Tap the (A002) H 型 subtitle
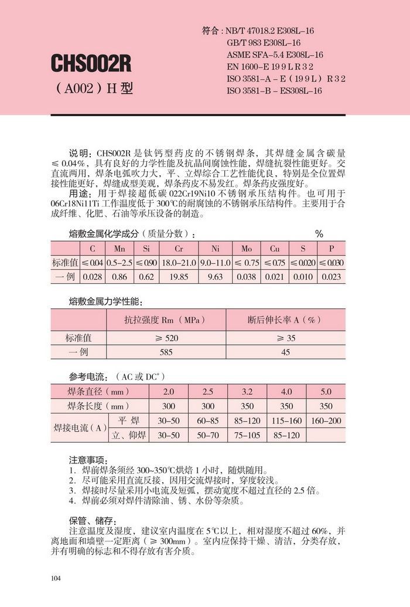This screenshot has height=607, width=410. coord(93,89)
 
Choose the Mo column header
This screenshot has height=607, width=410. coord(247,249)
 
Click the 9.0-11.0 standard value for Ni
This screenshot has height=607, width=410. coord(215,263)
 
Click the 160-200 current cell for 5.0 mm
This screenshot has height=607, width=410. coord(326,421)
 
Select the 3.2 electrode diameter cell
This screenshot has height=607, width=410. coord(247,391)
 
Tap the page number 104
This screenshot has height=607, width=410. coord(56,579)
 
